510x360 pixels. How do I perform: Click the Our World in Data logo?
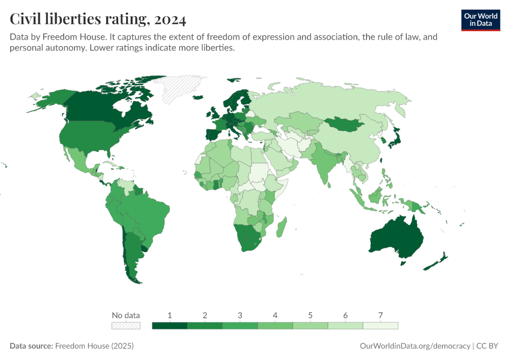(481, 19)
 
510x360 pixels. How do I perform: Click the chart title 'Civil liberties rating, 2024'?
(98, 19)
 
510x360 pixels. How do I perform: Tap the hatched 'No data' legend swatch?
(126, 326)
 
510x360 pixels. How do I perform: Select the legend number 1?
(170, 315)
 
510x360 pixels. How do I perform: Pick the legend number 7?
(380, 315)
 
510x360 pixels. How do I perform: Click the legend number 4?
(275, 315)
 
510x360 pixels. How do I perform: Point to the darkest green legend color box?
(170, 326)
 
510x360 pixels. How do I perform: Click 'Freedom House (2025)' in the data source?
(94, 346)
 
